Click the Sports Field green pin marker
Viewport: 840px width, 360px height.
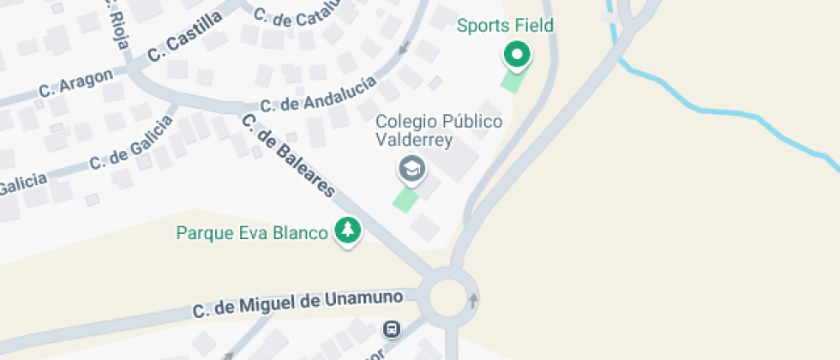click(x=516, y=56)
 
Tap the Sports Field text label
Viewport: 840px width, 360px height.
click(x=505, y=26)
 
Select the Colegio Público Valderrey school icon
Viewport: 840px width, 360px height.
click(x=412, y=169)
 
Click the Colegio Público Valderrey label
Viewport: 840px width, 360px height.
click(x=439, y=132)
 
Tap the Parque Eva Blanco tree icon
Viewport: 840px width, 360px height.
click(x=348, y=230)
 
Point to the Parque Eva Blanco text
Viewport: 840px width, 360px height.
click(x=252, y=232)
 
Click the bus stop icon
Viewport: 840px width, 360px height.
click(x=391, y=329)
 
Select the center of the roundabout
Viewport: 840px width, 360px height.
click(x=451, y=298)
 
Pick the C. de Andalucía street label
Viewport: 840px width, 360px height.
click(x=318, y=95)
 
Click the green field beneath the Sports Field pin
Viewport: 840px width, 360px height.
click(x=512, y=81)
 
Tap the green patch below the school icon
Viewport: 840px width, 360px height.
click(x=405, y=200)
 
